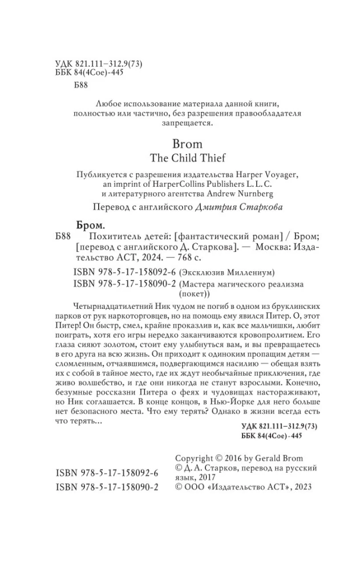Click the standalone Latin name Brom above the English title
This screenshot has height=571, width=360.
point(180,144)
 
